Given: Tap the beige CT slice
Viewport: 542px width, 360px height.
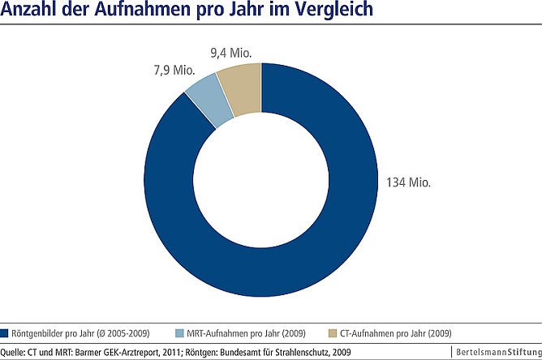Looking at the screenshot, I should point(241,88).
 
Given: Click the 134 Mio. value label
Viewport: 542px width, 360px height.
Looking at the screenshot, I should point(404,182).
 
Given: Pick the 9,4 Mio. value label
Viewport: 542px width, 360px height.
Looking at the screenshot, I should point(230,54).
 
